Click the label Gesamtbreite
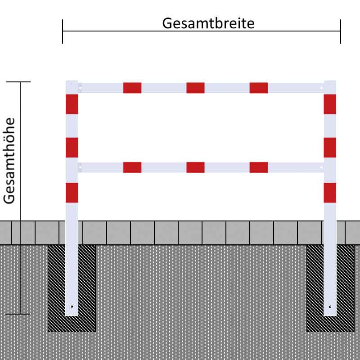click(208, 23)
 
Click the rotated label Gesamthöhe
click(9, 161)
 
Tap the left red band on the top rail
click(132, 88)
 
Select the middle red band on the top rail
click(195, 88)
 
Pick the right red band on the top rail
click(259, 88)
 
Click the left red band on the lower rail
click(132, 167)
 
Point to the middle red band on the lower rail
click(195, 167)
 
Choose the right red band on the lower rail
click(259, 167)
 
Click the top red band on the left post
click(72, 104)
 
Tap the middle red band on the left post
click(72, 147)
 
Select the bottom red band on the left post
click(72, 193)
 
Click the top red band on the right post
click(330, 104)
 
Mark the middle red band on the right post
click(330, 147)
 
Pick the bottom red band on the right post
click(330, 193)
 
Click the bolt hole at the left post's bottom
click(72, 306)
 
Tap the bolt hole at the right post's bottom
click(330, 306)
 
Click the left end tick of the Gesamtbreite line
click(63, 31)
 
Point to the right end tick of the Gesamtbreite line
click(341, 31)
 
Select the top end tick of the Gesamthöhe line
click(20, 82)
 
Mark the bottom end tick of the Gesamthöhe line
click(20, 314)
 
